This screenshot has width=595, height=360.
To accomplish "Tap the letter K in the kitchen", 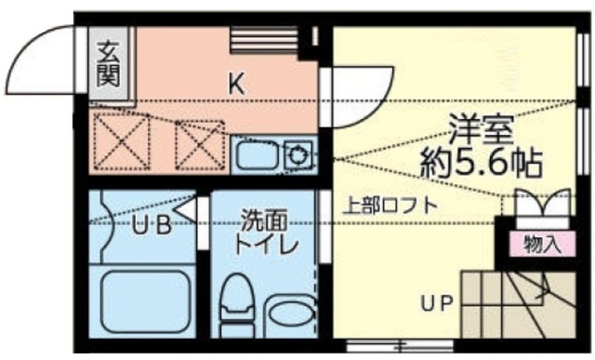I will (x=237, y=83).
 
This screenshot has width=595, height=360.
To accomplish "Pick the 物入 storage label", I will (x=542, y=245).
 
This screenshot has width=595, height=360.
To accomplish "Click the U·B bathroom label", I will (x=149, y=225).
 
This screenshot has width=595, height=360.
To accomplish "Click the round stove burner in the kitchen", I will (x=297, y=153).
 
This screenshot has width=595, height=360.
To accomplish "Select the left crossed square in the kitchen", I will (x=121, y=140).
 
